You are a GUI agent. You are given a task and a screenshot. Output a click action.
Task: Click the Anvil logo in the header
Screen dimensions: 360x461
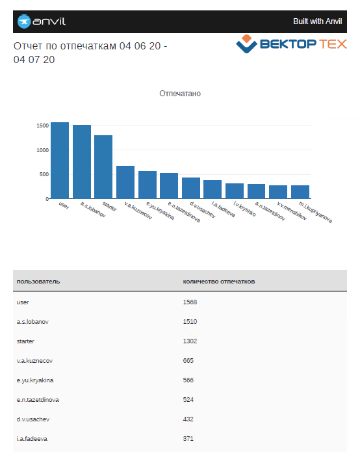42,21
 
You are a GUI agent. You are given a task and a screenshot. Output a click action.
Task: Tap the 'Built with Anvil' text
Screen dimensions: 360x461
317,21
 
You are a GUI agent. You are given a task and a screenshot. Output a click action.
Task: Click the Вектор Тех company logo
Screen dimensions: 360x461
291,44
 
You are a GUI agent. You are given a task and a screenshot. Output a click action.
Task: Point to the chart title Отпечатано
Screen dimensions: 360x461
180,94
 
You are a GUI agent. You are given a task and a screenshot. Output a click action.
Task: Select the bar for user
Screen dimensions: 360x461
60,161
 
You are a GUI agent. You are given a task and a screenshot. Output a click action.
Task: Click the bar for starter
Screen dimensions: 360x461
103,167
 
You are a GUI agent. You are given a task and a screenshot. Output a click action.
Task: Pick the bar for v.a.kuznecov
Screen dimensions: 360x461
125,182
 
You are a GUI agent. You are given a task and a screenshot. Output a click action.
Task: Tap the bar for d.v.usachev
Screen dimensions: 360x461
191,188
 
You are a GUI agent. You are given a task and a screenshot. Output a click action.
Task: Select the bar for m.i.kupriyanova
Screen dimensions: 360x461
300,192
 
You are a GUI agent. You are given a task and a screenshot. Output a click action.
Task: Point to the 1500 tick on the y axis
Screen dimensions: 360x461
42,125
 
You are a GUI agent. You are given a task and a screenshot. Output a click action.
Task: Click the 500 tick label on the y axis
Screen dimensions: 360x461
44,174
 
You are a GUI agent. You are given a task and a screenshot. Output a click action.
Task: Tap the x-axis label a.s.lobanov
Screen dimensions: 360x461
93,209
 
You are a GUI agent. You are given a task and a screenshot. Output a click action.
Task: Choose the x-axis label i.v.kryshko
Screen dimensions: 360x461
244,209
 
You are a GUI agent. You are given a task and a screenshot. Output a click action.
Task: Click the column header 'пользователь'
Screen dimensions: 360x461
38,282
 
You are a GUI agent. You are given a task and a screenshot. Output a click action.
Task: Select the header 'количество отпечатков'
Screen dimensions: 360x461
219,282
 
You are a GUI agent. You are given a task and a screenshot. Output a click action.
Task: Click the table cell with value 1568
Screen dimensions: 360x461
190,302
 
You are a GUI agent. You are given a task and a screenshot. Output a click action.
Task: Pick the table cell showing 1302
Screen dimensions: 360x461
190,341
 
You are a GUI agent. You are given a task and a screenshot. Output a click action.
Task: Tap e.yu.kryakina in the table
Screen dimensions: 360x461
35,380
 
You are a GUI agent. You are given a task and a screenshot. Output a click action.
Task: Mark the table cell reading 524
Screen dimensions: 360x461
188,399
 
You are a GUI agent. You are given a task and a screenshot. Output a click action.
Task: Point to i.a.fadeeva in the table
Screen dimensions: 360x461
32,439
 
